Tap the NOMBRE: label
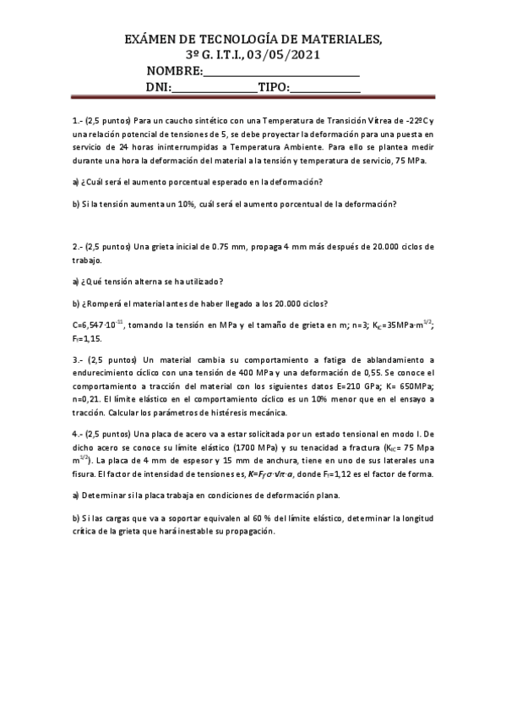175,71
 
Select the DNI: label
159,87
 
